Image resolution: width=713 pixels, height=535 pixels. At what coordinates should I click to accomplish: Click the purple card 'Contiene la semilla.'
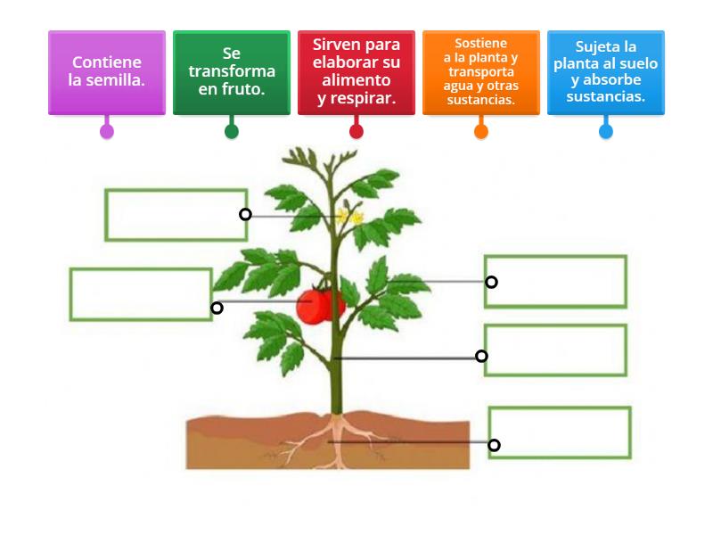107,72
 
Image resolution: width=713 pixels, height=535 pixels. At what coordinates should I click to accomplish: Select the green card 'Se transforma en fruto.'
232,72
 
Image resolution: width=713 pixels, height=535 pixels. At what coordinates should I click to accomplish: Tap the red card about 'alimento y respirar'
356,72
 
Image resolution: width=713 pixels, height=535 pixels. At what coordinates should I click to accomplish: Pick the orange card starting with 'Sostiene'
481,72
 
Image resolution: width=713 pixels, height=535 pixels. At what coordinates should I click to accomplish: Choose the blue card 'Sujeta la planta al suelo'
606,72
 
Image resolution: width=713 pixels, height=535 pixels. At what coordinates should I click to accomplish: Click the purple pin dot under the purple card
107,131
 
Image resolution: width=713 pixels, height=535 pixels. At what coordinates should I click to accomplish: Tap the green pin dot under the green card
232,131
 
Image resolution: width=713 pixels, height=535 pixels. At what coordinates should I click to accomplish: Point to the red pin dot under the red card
356,131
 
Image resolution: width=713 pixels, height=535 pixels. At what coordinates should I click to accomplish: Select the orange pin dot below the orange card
481,131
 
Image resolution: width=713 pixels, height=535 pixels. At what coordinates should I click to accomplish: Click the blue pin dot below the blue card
606,131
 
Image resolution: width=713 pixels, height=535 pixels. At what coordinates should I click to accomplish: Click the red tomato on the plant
320,306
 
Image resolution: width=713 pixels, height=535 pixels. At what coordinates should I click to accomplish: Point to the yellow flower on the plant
349,216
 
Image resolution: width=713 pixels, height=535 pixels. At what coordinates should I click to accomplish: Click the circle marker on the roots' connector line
494,445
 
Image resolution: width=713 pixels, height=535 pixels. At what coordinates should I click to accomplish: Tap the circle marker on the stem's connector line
481,356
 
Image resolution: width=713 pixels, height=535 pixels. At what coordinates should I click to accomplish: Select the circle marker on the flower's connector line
246,214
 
